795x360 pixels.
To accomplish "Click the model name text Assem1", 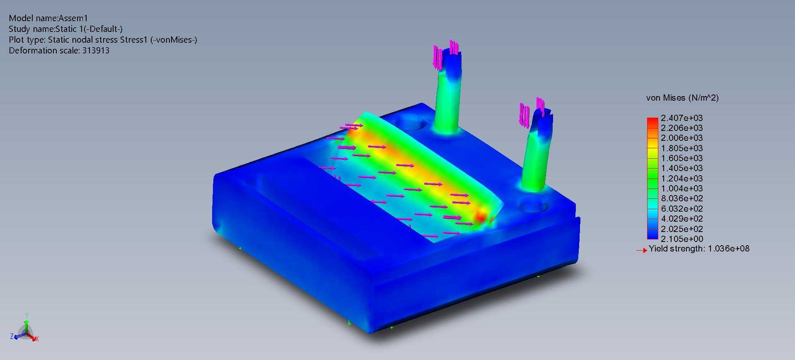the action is pyautogui.click(x=73, y=18).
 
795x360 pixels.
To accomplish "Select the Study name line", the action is pyautogui.click(x=65, y=29).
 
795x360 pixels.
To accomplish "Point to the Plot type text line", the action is pyautogui.click(x=103, y=40).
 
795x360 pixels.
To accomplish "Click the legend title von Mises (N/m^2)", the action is pyautogui.click(x=682, y=98).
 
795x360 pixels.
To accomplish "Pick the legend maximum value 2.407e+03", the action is pyautogui.click(x=681, y=118).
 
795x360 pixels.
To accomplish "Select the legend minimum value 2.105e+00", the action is pyautogui.click(x=681, y=239).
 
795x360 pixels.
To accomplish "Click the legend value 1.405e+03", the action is pyautogui.click(x=681, y=168).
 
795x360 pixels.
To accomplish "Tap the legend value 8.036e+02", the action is pyautogui.click(x=681, y=198).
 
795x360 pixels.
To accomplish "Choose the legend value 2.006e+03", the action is pyautogui.click(x=681, y=138).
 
